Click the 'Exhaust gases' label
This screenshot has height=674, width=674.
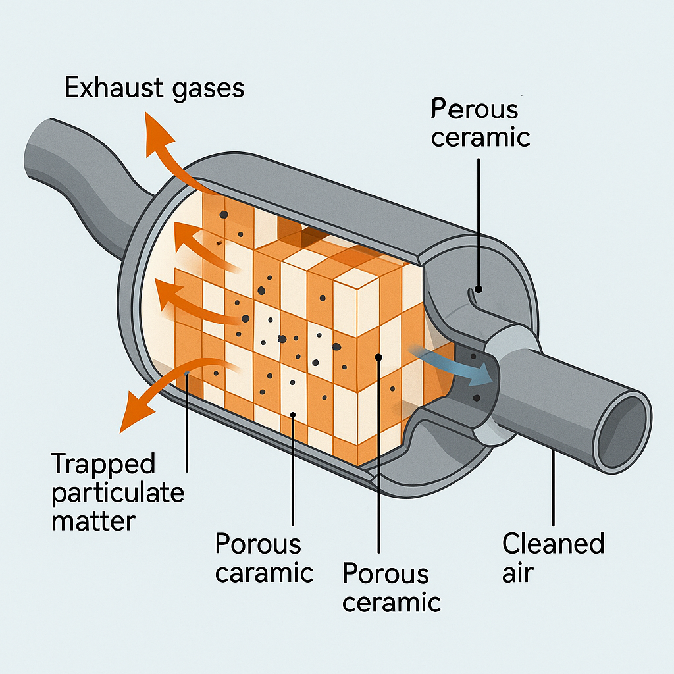point(155,88)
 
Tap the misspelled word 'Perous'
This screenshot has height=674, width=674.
point(475,109)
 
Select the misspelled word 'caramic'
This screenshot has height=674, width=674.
point(264,573)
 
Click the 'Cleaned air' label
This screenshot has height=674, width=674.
point(553,557)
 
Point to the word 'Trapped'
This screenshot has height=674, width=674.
point(103,464)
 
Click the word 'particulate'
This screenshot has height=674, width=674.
point(118,492)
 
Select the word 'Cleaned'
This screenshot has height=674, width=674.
point(553,544)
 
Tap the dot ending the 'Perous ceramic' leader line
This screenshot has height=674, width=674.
point(479,288)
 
